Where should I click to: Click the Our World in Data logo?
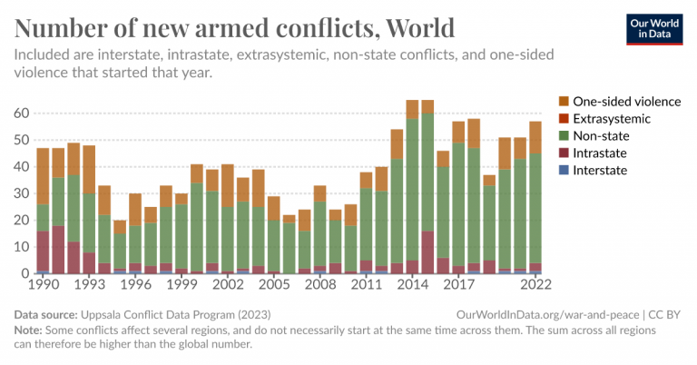(x=654, y=28)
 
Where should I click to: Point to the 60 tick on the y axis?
(x=19, y=113)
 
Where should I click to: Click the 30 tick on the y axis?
(x=19, y=193)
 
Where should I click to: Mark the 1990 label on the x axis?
(x=43, y=284)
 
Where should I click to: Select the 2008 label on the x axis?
(x=320, y=284)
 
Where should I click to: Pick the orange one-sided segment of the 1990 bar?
(x=43, y=176)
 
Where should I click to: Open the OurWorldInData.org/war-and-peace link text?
(x=544, y=313)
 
